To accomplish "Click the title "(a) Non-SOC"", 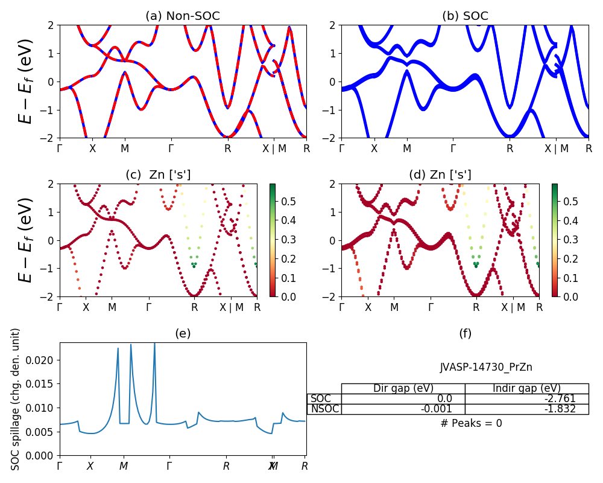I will (x=182, y=16).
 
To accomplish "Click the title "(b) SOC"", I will (x=465, y=16).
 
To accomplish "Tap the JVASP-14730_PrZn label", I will (x=486, y=367).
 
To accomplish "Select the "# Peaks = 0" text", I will (x=471, y=423).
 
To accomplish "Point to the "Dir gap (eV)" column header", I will (x=403, y=388).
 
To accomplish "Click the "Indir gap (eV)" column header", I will (x=526, y=388).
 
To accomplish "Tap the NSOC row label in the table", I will (x=324, y=409).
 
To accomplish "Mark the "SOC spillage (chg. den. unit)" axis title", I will (x=16, y=399).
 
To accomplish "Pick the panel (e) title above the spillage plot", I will (x=183, y=333).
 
